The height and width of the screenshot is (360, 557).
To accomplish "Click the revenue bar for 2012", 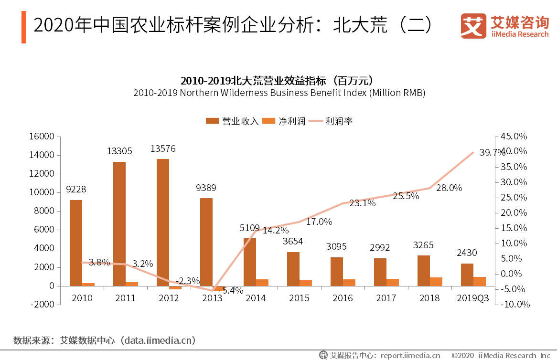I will coord(162,222).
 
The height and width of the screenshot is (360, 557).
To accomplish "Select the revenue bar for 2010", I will coord(75,243).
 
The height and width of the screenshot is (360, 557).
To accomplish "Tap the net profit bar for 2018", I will coord(436,282).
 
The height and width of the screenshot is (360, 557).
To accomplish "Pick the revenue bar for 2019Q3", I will coord(467,275).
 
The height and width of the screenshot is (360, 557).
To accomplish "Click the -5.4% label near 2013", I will coord(231,290).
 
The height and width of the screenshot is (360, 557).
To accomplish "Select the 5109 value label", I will coord(249,228).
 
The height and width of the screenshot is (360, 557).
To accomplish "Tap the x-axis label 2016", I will coord(343,298).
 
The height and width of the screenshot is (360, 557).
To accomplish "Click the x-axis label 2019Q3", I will coord(473,298).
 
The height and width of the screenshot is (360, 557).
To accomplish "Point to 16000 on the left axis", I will coord(42,137).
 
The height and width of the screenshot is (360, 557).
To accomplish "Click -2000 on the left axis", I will coord(42,305).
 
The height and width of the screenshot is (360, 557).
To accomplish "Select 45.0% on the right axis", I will coord(514,137).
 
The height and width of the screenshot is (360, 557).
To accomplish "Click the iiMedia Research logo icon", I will coord(473,26).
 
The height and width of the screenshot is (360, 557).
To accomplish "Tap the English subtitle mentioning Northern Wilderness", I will coord(279,93).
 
